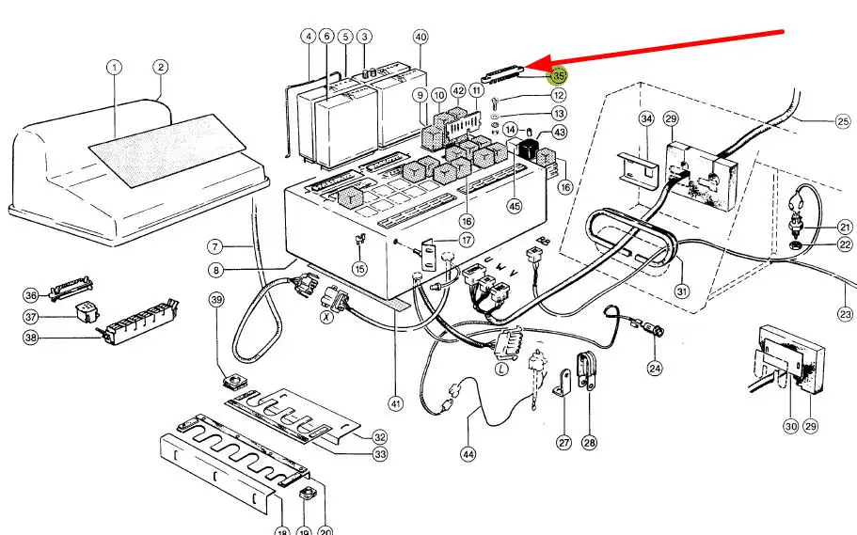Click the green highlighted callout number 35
pos(559,74)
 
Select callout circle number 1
pos(114,68)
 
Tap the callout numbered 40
pos(421,37)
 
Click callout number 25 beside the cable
pos(842,120)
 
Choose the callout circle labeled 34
pos(646,119)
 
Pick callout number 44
pos(468,454)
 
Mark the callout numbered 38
pos(32,338)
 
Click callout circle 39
pos(217,300)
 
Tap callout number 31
pos(681,291)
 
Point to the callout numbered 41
pos(396,404)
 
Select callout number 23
pos(846,314)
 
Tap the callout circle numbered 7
pos(215,246)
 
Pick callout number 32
pos(379,437)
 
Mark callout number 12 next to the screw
pos(559,95)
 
